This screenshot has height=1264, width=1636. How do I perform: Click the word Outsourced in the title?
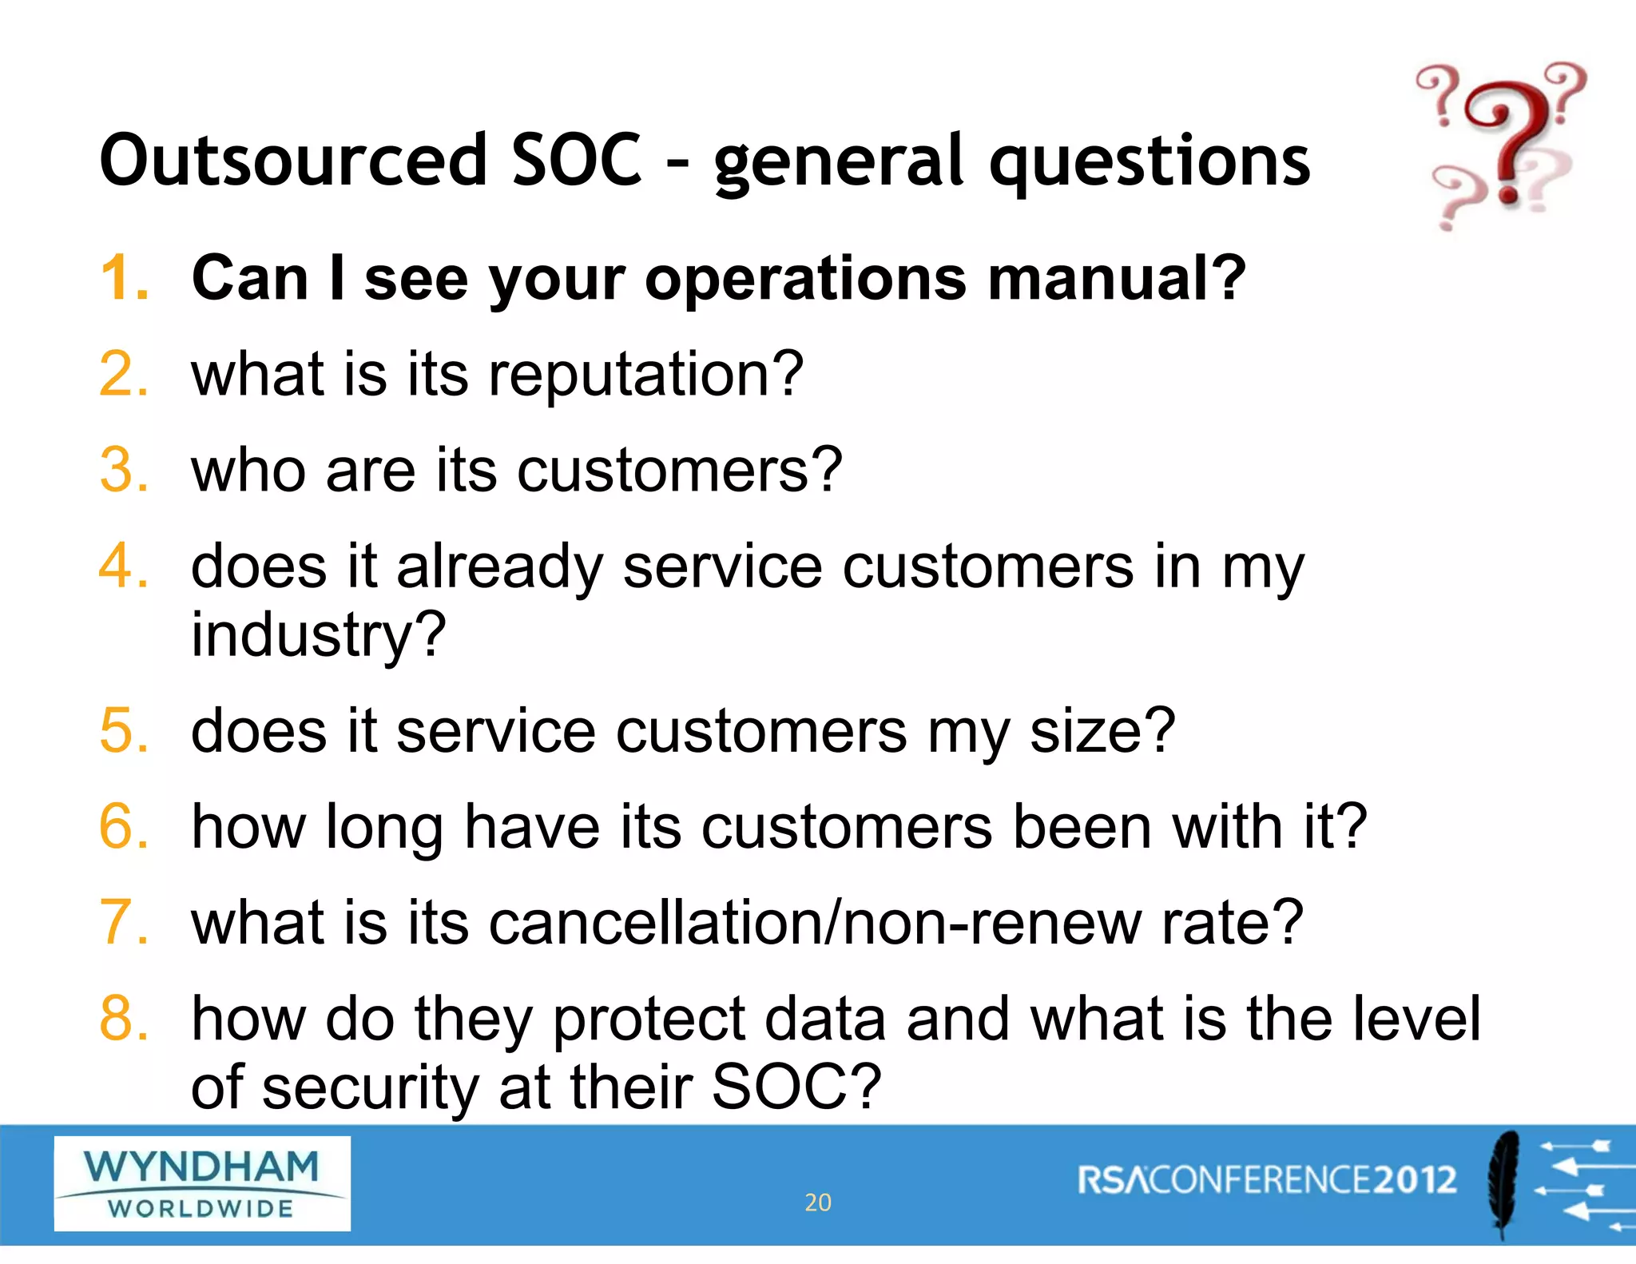pyautogui.click(x=293, y=160)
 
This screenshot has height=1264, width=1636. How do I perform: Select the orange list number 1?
pyautogui.click(x=124, y=278)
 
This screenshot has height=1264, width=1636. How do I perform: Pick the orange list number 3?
pyautogui.click(x=124, y=470)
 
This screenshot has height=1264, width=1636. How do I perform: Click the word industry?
pyautogui.click(x=317, y=635)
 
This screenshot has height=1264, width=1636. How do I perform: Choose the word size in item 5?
pyautogui.click(x=1102, y=731)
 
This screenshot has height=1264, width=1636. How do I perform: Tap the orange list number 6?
pyautogui.click(x=124, y=826)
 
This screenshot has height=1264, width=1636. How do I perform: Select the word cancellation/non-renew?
pyautogui.click(x=814, y=923)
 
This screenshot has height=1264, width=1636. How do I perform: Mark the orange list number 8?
pyautogui.click(x=124, y=1019)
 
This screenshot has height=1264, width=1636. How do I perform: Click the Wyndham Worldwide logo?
pyautogui.click(x=202, y=1183)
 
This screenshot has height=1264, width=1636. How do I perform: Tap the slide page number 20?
pyautogui.click(x=817, y=1202)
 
